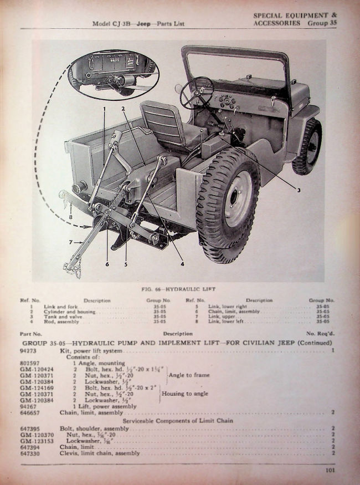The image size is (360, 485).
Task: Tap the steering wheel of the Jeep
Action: (x=197, y=92)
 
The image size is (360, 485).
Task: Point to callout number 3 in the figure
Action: (x=298, y=190)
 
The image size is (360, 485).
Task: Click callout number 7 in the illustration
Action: (x=70, y=242)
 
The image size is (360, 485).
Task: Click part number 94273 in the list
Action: (x=28, y=350)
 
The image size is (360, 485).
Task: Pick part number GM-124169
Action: (x=34, y=387)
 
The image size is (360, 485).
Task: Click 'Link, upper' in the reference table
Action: (x=219, y=316)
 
